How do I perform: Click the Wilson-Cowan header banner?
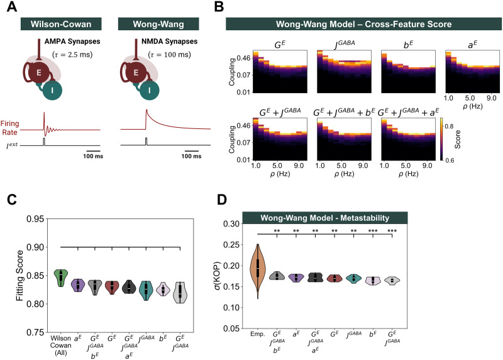(61, 24)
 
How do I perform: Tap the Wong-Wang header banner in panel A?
(158, 24)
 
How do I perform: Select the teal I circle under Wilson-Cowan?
(52, 90)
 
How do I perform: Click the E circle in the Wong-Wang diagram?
(136, 72)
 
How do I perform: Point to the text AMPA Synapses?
(72, 42)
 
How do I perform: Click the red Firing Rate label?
(9, 128)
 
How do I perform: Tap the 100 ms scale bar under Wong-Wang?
(192, 150)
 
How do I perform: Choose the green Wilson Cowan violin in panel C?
(61, 278)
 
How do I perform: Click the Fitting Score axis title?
(20, 276)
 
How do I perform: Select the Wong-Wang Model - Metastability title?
(324, 218)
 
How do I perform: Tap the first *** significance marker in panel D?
(373, 231)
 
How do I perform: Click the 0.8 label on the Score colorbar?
(450, 127)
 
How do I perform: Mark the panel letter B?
(219, 7)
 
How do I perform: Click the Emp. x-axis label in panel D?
(258, 334)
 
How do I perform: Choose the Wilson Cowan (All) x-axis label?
(60, 346)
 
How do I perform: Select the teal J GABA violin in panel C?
(146, 290)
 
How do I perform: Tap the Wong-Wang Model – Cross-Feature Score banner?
(364, 24)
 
